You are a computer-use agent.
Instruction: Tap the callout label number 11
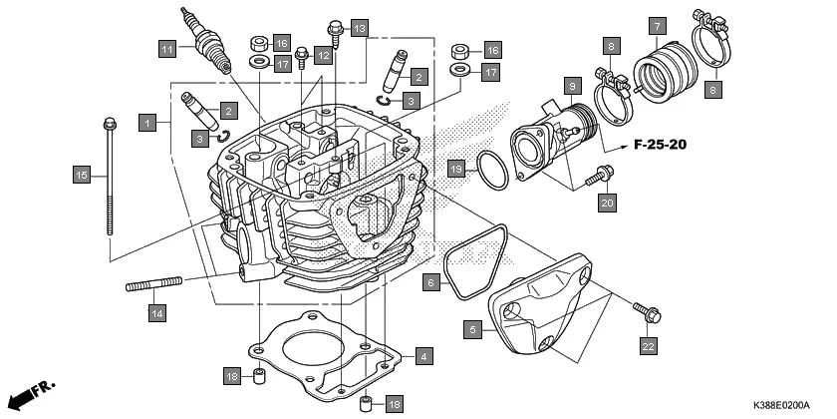167,49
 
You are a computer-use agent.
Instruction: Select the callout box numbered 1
147,123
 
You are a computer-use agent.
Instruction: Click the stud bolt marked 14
153,286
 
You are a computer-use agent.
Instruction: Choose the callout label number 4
423,355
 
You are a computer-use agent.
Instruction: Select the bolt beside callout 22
649,315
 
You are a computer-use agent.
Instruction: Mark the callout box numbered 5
474,328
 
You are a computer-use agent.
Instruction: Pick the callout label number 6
430,282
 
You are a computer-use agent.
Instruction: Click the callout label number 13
359,27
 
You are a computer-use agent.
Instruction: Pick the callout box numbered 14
156,313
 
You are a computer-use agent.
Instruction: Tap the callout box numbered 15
83,176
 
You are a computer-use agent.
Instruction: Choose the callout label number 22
648,346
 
